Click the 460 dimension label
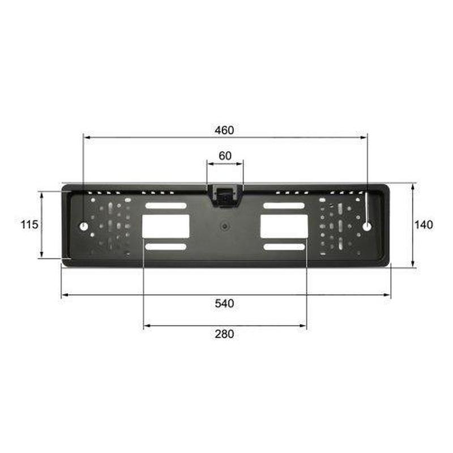click(224, 130)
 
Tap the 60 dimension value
click(225, 156)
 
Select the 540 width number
click(224, 304)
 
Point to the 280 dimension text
click(224, 334)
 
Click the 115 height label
click(29, 224)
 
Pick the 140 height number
click(424, 225)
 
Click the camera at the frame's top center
click(225, 195)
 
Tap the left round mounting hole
click(84, 226)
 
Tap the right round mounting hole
click(367, 226)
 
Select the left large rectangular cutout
click(165, 226)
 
